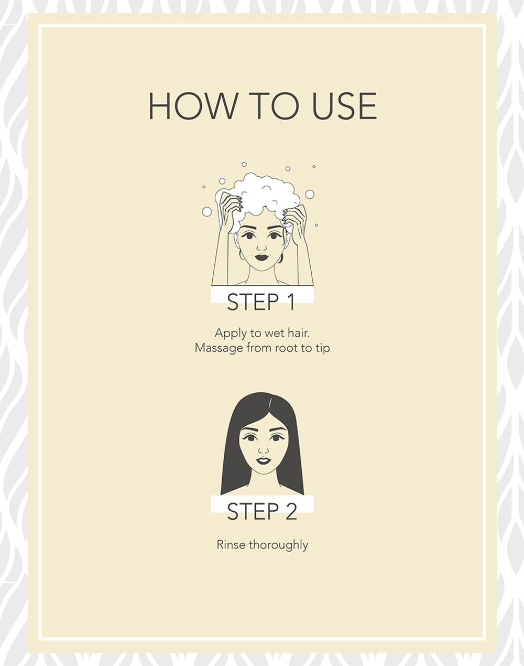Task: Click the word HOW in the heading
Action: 192,106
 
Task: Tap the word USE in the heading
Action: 344,106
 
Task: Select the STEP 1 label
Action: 261,302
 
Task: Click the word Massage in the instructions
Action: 219,348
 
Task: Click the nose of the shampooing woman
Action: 261,248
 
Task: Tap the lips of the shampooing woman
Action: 261,257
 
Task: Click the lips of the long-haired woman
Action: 263,460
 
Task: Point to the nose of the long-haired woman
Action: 263,449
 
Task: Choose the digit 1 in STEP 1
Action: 291,302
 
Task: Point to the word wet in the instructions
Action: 275,334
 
